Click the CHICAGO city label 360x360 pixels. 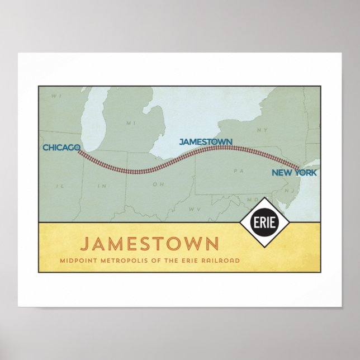[x=60, y=148]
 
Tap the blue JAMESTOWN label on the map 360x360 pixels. [x=206, y=141]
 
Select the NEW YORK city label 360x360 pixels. [x=294, y=173]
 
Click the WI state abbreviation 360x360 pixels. [x=55, y=96]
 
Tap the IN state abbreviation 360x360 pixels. [x=101, y=185]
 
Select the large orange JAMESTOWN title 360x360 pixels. [x=149, y=244]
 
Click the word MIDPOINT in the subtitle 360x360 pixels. [x=80, y=260]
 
